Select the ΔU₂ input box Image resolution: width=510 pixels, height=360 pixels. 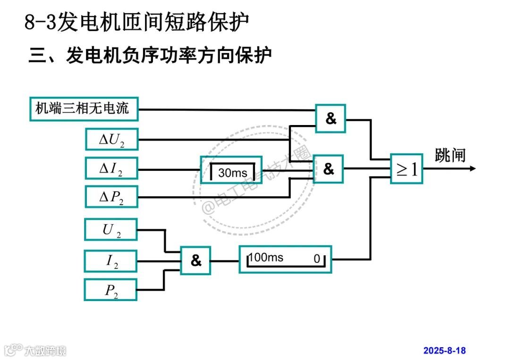[x=111, y=139]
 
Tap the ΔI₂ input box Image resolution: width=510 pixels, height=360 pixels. [x=111, y=168]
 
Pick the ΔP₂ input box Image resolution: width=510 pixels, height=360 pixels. [x=111, y=197]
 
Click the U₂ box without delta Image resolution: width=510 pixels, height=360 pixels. [x=111, y=230]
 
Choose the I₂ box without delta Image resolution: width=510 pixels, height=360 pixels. [x=111, y=261]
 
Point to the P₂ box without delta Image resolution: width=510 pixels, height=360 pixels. [x=111, y=290]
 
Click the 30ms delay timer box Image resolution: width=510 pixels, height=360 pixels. [x=231, y=170]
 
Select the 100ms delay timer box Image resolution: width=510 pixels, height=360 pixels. [x=285, y=259]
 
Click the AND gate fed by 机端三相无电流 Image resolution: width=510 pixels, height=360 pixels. [x=331, y=118]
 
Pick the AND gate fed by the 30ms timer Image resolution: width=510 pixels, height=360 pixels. [x=329, y=169]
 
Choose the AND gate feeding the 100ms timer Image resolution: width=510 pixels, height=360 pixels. [x=195, y=260]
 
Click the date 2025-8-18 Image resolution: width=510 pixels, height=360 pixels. [x=444, y=351]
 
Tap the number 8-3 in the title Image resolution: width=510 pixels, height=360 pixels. [x=40, y=22]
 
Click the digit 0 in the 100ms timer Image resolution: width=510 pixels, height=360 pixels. [x=317, y=258]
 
